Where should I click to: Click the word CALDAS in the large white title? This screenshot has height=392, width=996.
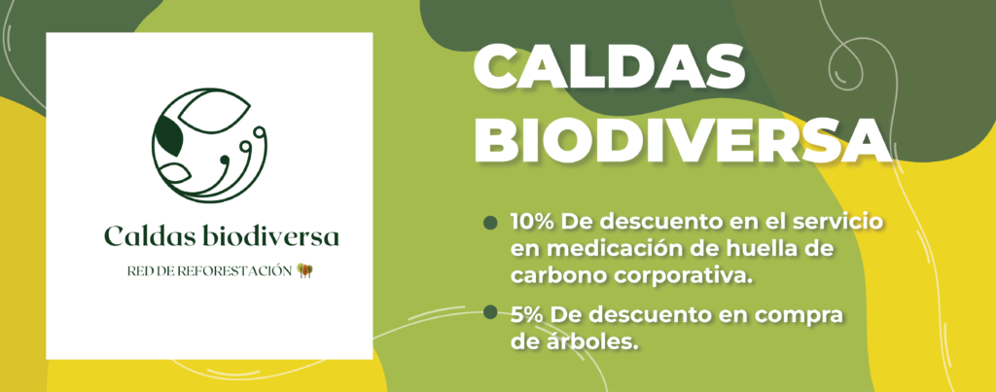(x=610, y=68)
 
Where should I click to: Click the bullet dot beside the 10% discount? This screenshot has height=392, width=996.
(x=490, y=223)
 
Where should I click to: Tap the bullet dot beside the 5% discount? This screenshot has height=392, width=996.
(x=490, y=311)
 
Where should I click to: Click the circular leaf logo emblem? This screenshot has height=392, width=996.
(x=209, y=146)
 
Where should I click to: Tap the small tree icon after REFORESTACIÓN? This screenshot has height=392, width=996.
(x=305, y=270)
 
